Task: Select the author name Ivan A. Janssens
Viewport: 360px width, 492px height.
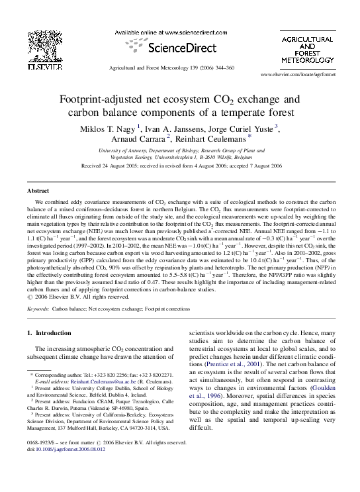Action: pyautogui.click(x=169, y=127)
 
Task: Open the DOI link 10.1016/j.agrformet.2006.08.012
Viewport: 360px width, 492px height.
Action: pyautogui.click(x=71, y=466)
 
